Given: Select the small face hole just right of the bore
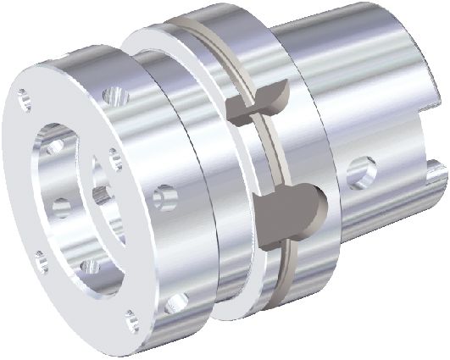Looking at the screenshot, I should (112, 154).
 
